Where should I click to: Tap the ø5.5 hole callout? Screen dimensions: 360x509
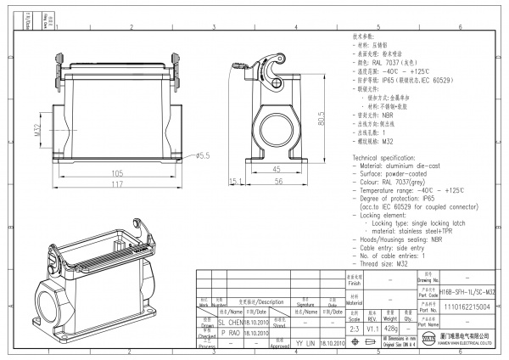point(203,155)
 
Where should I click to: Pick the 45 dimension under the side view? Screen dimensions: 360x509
point(277,170)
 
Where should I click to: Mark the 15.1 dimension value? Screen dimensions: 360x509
point(235,181)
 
